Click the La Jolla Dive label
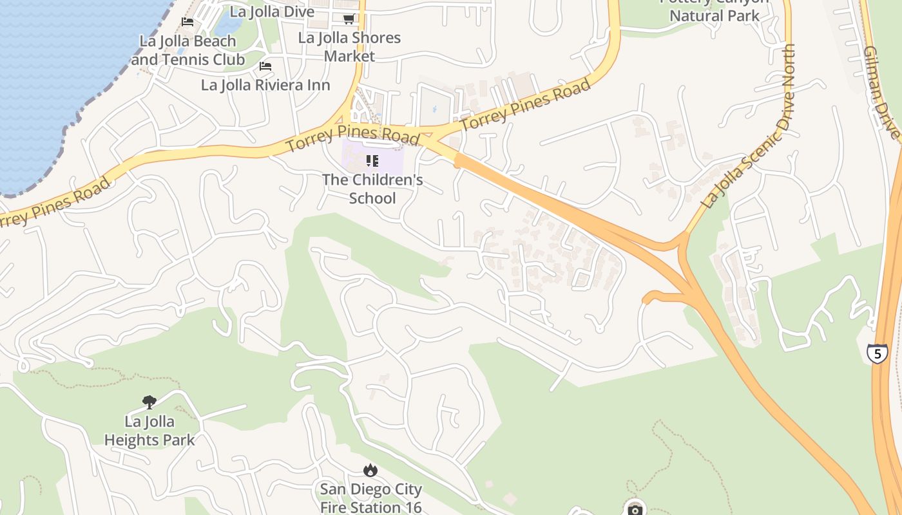(272, 12)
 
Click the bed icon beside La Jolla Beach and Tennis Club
(187, 22)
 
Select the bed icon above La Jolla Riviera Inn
(265, 66)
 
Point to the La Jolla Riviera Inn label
(265, 85)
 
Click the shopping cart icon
(349, 19)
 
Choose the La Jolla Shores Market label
(349, 46)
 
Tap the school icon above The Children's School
(372, 161)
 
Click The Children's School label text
(372, 189)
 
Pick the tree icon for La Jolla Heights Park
(149, 403)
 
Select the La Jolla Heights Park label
(149, 431)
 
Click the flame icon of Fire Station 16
(370, 471)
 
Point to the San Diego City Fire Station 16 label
(370, 498)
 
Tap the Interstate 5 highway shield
(877, 353)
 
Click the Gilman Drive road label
(881, 91)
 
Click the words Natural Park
(715, 15)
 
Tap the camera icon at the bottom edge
(636, 509)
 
